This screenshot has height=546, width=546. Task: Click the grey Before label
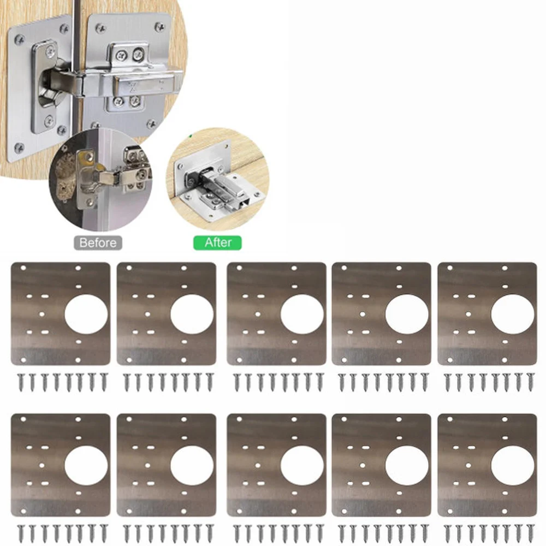(98, 242)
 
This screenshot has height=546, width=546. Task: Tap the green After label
(217, 242)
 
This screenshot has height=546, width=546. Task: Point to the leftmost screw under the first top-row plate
(20, 382)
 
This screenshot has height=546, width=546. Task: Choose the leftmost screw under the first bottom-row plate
(20, 533)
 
